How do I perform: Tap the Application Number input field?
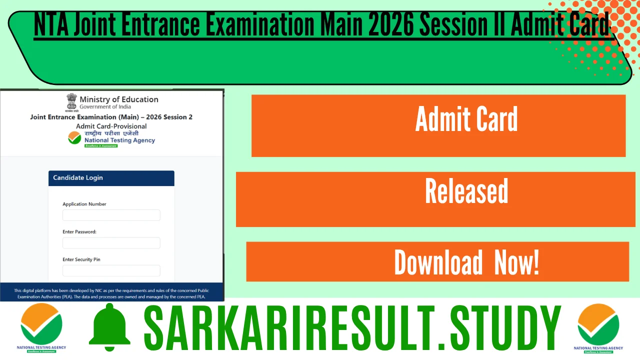(x=111, y=215)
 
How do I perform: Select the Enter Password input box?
(x=111, y=243)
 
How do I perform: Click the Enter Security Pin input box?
(x=111, y=270)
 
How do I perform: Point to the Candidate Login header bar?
(x=111, y=178)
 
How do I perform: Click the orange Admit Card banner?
(x=438, y=125)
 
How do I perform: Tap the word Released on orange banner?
(x=466, y=191)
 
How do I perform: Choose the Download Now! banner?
(x=466, y=262)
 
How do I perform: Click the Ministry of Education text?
(x=119, y=99)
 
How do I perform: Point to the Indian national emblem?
(x=72, y=102)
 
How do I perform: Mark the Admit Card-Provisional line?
(x=111, y=126)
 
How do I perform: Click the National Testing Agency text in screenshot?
(x=119, y=140)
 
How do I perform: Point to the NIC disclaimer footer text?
(x=111, y=293)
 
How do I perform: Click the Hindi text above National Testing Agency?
(x=111, y=133)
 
